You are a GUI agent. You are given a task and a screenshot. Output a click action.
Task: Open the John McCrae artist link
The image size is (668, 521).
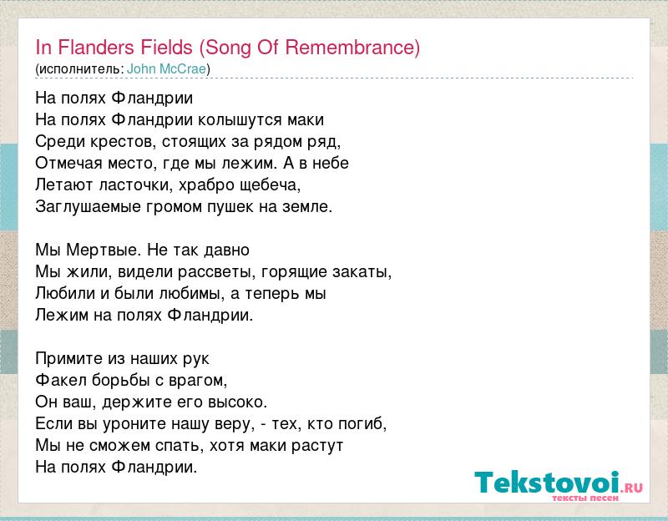tap(166, 69)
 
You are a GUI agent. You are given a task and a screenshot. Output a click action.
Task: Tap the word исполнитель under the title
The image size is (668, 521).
tap(80, 69)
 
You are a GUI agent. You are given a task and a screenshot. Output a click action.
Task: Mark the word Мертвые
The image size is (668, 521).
tap(103, 250)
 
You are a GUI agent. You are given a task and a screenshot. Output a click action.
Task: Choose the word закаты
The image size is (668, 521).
tap(362, 272)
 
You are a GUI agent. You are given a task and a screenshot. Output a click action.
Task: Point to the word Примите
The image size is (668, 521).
tap(68, 359)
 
